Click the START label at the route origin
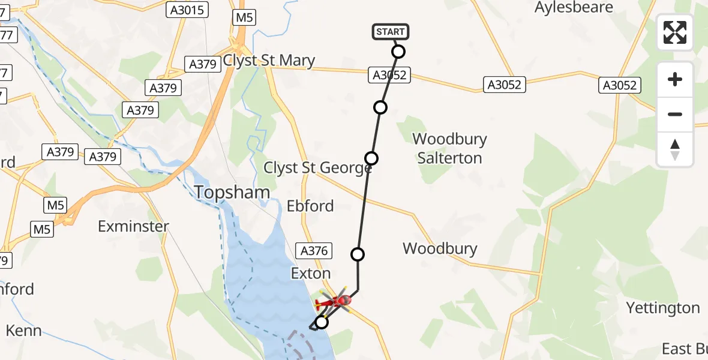point(391,31)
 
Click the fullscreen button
point(675,32)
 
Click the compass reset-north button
point(675,149)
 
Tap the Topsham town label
point(232,192)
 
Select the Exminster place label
point(134,226)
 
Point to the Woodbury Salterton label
point(450,149)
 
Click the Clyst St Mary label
point(269,61)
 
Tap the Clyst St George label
point(317,168)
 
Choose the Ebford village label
point(310,206)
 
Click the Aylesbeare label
point(574,8)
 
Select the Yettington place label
point(663,308)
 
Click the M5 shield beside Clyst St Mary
point(244,17)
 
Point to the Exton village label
point(311,274)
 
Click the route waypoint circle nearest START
point(398,52)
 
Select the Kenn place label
point(24,331)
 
